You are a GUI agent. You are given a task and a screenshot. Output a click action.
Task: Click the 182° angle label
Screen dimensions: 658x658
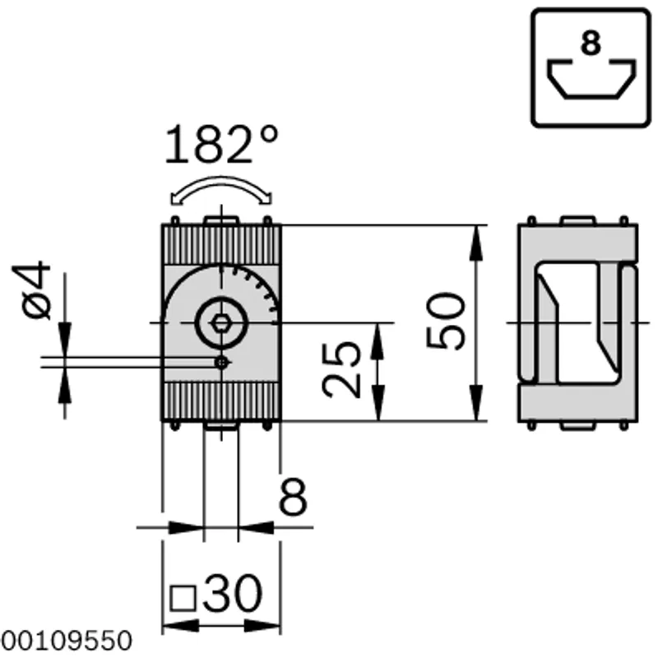[x=221, y=143]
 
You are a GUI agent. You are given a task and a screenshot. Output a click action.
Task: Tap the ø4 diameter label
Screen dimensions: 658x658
[x=32, y=290]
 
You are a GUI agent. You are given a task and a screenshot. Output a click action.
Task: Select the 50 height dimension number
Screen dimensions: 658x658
[x=446, y=322]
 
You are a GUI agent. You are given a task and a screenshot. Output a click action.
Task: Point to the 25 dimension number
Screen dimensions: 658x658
[x=341, y=370]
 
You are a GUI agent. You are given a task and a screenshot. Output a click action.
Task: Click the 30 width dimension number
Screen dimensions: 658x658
[x=233, y=593]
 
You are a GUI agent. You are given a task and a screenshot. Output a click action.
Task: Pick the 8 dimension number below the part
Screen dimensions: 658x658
[x=293, y=497]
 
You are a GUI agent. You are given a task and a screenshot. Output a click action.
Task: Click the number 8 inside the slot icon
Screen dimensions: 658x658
[x=591, y=43]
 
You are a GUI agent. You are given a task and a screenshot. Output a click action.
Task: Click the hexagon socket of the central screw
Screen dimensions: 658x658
[x=221, y=323]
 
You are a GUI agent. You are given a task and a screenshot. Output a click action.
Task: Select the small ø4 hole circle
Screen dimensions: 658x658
[x=221, y=362]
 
